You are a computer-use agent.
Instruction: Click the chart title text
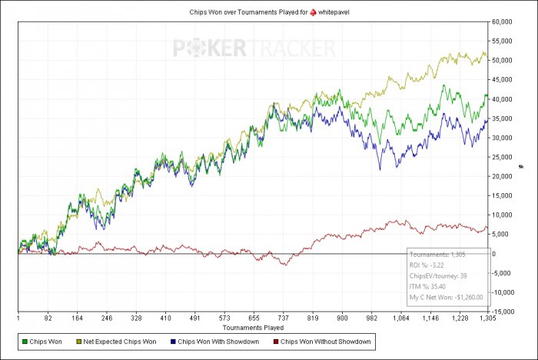(269, 12)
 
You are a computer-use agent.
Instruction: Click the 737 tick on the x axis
(284, 318)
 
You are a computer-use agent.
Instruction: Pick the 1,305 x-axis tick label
(487, 318)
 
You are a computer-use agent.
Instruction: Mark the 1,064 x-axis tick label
(400, 318)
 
